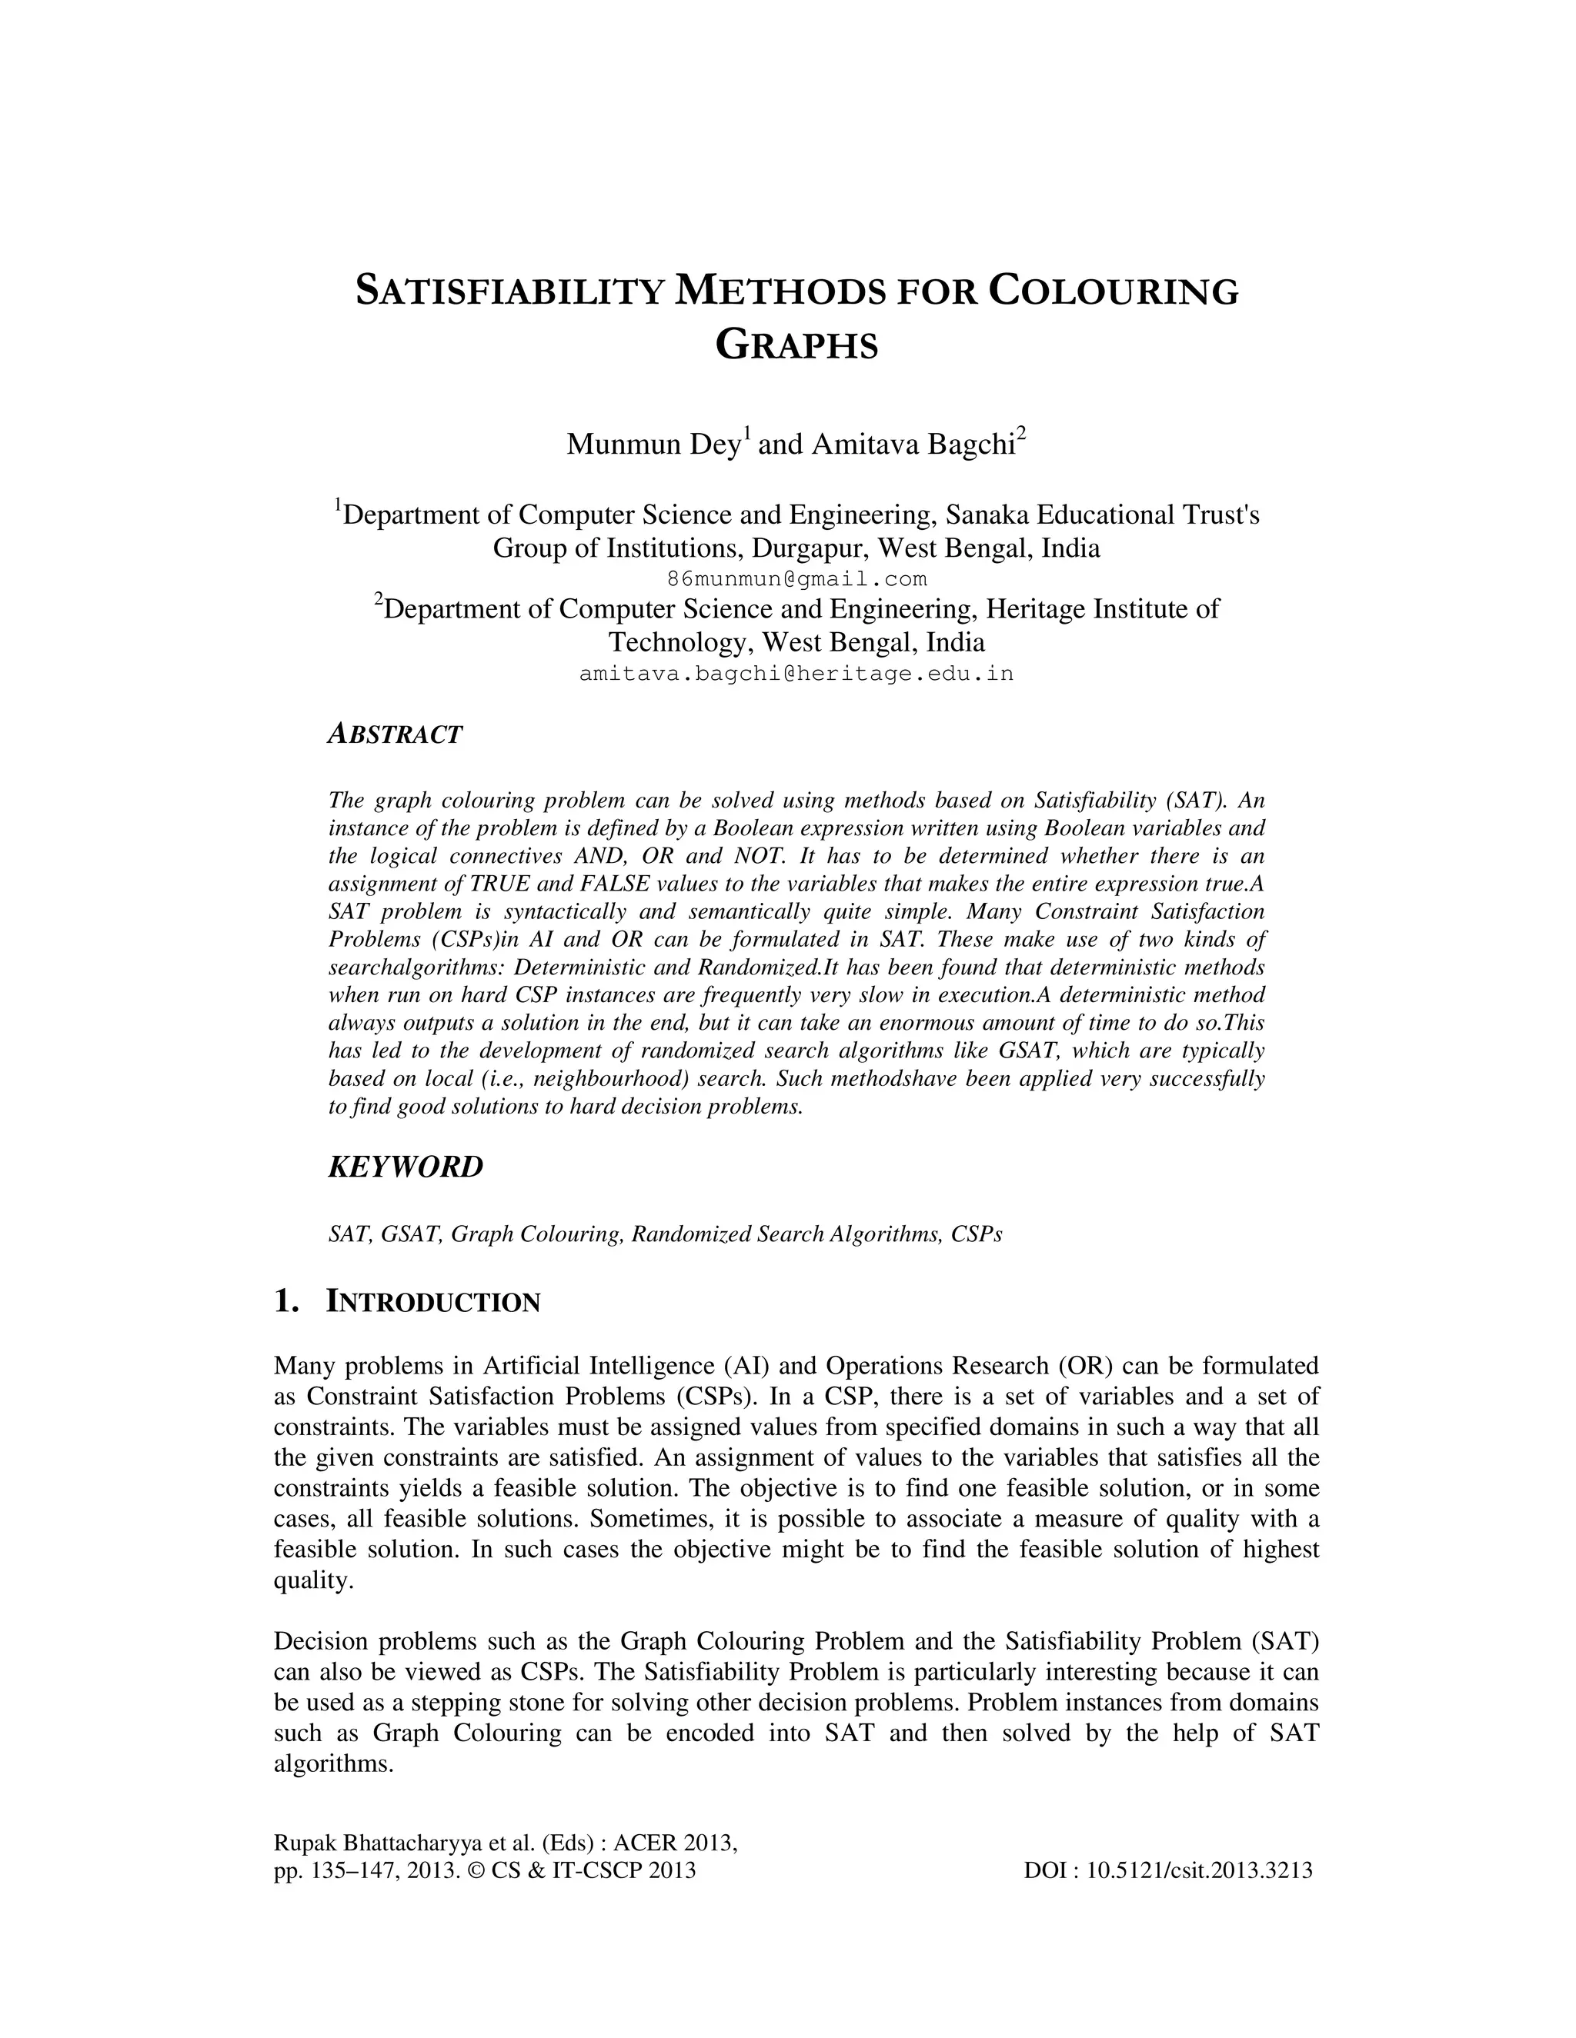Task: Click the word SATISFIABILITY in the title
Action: (511, 292)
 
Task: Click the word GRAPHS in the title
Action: (796, 346)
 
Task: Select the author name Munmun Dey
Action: (653, 445)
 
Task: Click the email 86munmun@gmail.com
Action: (796, 578)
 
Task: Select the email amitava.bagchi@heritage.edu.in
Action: (796, 673)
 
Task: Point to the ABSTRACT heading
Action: (395, 734)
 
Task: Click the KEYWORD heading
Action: (406, 1167)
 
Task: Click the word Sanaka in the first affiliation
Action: (988, 515)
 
